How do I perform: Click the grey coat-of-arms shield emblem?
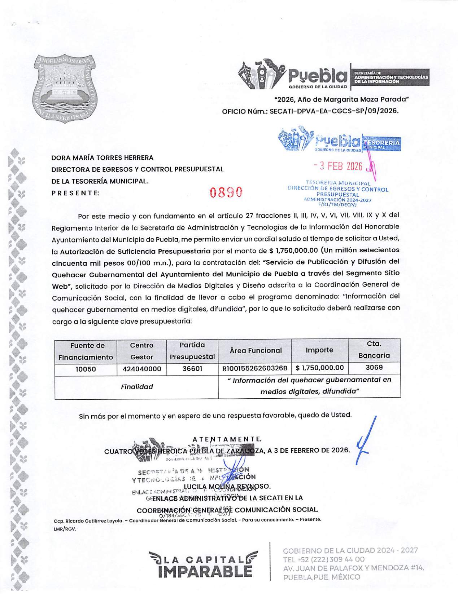click(x=65, y=89)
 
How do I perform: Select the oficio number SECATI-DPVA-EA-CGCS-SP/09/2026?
click(x=334, y=111)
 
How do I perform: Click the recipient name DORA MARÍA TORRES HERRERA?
click(x=102, y=158)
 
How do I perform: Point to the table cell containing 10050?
click(x=86, y=369)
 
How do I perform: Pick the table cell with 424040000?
click(x=141, y=369)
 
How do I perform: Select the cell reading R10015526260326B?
click(x=255, y=368)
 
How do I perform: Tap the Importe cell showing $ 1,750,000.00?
click(x=319, y=368)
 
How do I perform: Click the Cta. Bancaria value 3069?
click(x=374, y=367)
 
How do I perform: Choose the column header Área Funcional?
click(x=256, y=350)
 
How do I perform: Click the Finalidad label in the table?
click(x=137, y=387)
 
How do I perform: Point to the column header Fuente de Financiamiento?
click(x=86, y=351)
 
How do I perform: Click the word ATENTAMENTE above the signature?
click(x=227, y=439)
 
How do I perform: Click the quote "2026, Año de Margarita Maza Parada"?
click(x=341, y=99)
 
